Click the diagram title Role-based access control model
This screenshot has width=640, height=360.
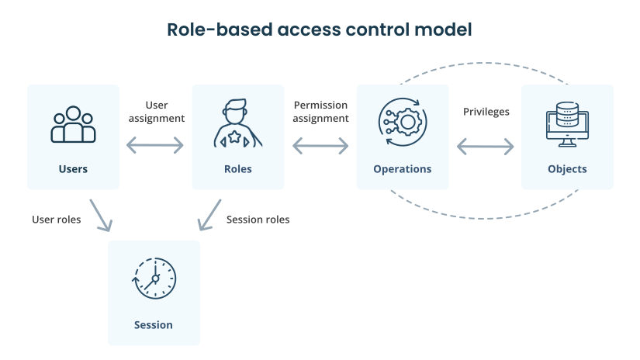[x=320, y=30]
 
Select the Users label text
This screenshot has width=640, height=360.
[x=73, y=169]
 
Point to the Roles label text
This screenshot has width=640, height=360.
[x=237, y=169]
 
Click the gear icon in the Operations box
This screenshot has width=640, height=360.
[x=402, y=124]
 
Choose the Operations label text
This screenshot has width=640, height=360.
[x=402, y=169]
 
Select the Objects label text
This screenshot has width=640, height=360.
[x=567, y=169]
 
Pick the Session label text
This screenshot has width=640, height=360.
[x=154, y=325]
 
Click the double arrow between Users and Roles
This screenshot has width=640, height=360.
[x=155, y=145]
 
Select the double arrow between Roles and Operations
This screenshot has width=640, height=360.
[x=320, y=145]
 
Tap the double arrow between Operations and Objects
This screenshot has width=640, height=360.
[x=486, y=146]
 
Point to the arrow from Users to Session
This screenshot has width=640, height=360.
[x=101, y=215]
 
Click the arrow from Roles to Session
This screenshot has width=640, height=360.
[x=207, y=215]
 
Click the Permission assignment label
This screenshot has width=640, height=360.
[x=321, y=112]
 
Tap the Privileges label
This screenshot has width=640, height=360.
[x=486, y=112]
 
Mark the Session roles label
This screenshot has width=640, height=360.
[x=258, y=220]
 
